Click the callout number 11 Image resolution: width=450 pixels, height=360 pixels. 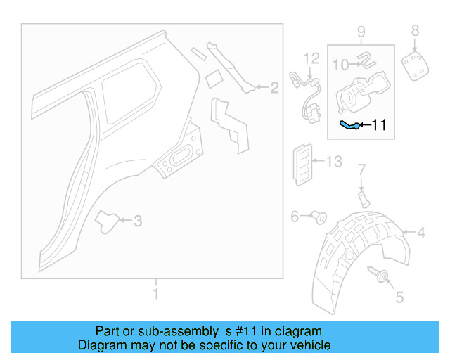(379, 126)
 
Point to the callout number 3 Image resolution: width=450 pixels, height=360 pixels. (138, 221)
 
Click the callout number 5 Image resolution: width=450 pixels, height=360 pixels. (399, 298)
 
